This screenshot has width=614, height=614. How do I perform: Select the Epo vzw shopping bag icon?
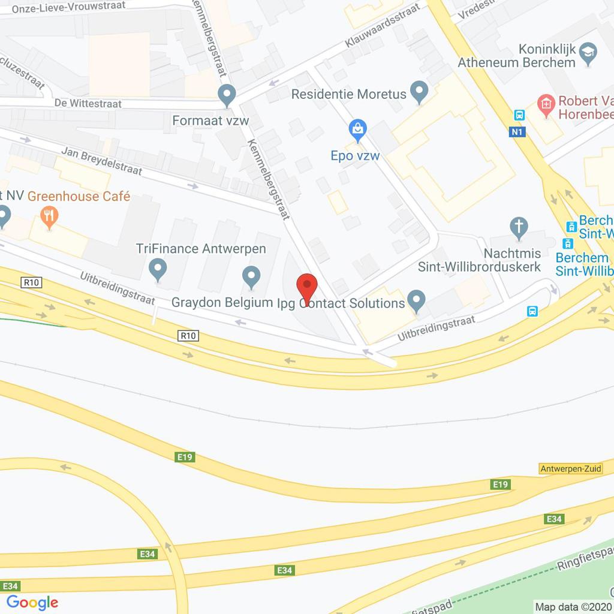[358, 130]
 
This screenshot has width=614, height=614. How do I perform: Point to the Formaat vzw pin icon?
[227, 94]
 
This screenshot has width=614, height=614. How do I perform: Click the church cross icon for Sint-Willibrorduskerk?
[519, 227]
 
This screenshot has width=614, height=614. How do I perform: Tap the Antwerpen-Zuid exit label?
[570, 469]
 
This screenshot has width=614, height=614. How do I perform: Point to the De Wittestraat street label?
[88, 104]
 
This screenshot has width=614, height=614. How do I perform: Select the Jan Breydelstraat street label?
[102, 162]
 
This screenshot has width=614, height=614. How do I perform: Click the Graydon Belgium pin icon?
[251, 276]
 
